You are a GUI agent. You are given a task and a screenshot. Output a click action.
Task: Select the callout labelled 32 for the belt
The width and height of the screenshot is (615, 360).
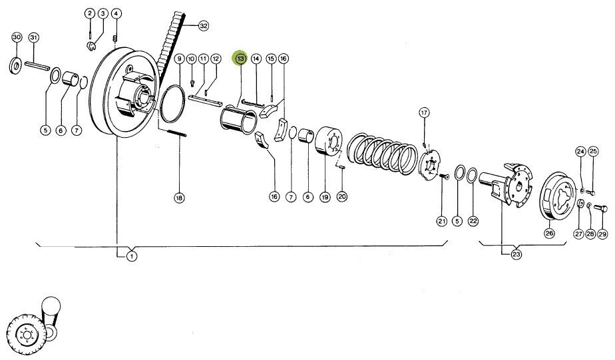click(203, 26)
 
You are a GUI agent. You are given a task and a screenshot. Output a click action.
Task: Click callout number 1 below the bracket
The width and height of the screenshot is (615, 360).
click(132, 256)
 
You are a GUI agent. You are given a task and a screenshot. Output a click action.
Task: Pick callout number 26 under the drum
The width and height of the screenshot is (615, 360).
click(549, 233)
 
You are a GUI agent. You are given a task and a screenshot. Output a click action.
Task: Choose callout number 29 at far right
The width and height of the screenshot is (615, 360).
click(602, 234)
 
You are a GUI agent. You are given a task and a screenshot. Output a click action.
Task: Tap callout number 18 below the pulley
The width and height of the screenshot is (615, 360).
click(178, 197)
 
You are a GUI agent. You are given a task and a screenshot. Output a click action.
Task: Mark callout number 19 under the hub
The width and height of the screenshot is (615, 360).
click(325, 197)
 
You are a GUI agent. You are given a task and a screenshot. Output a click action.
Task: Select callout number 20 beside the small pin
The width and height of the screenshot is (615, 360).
click(343, 196)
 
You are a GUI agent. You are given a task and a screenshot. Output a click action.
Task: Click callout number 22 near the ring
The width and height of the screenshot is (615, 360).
click(473, 220)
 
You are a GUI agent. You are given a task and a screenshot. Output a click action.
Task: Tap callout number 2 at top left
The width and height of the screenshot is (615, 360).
click(89, 14)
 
